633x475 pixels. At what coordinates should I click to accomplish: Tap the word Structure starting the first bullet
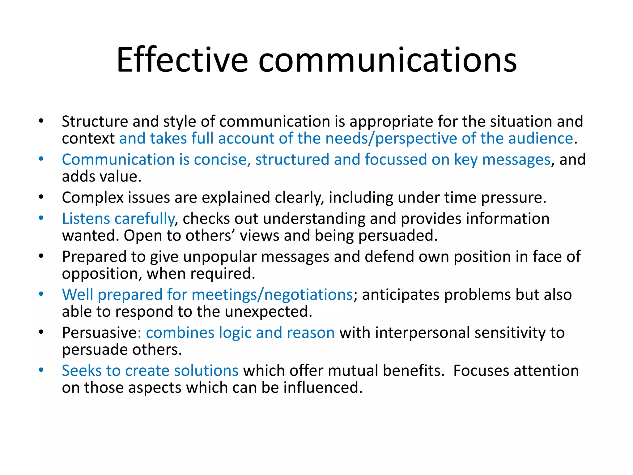[x=95, y=121]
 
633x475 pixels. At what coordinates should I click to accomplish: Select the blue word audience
[x=541, y=138]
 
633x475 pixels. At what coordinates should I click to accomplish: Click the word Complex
[x=92, y=198]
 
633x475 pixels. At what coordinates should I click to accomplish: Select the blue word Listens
[x=86, y=219]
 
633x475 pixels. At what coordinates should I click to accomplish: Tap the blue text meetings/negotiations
[x=272, y=295]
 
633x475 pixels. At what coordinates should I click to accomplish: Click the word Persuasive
[x=99, y=333]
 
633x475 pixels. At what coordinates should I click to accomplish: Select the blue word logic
[x=235, y=333]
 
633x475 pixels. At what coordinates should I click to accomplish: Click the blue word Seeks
[x=81, y=370]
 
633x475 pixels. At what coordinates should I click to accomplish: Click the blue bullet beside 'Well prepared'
[x=41, y=294]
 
